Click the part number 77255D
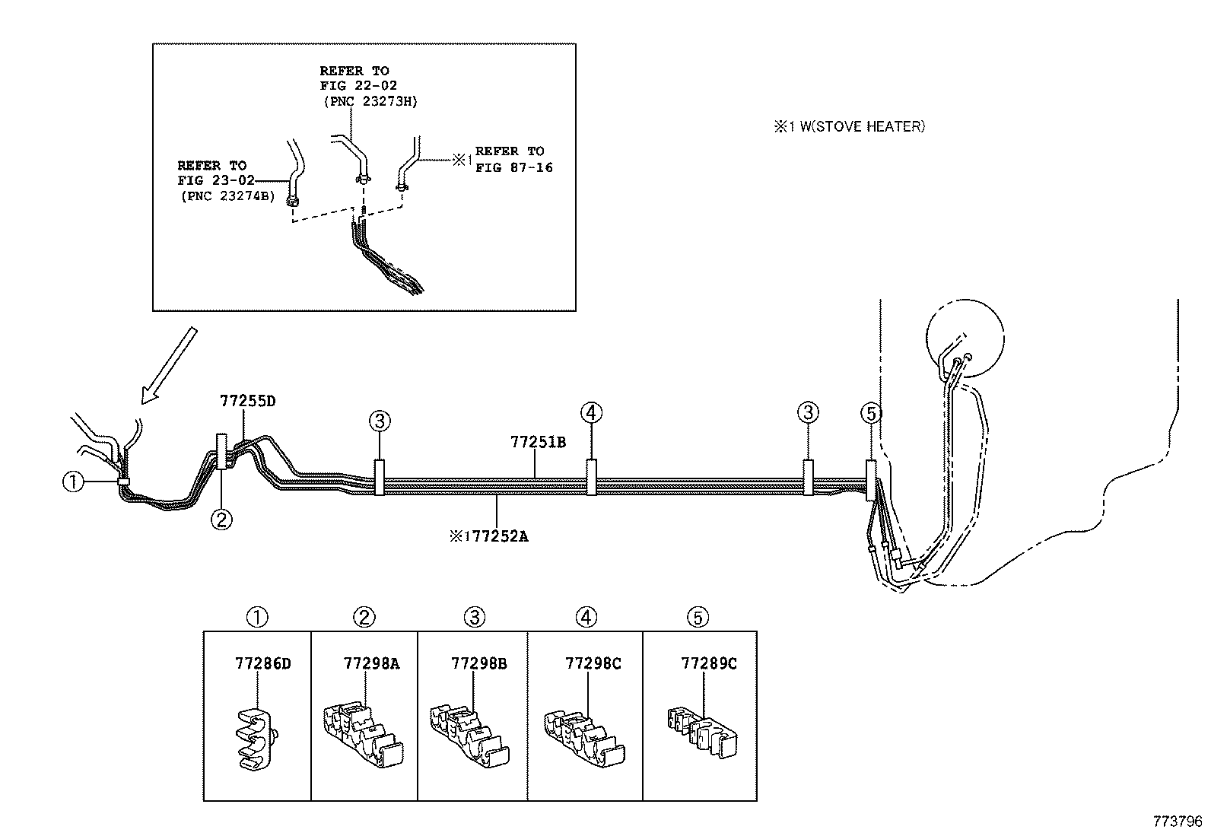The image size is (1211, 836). [x=247, y=401]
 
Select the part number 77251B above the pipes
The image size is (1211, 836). [x=538, y=442]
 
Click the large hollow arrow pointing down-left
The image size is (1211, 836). [x=168, y=365]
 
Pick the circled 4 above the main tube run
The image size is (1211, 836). [x=591, y=413]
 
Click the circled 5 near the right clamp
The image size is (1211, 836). [x=871, y=413]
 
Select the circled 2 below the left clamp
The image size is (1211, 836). [x=221, y=520]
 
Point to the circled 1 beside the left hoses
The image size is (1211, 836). [x=73, y=482]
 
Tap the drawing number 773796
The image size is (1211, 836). [x=1178, y=822]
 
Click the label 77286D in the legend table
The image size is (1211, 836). [x=262, y=663]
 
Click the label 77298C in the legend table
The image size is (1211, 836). [x=593, y=663]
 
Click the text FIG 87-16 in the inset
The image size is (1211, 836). [x=514, y=167]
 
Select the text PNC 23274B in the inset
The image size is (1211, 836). [x=227, y=195]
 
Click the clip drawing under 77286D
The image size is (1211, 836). [x=256, y=742]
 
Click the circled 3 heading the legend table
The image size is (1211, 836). [x=475, y=617]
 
